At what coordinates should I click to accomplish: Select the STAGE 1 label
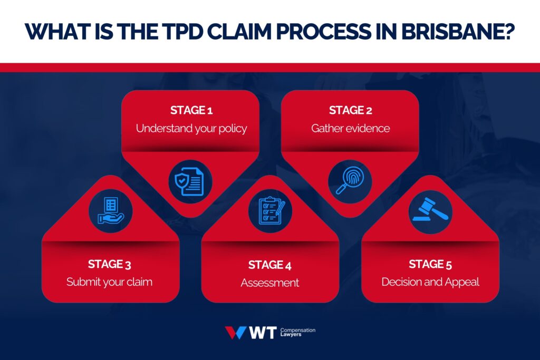(x=191, y=110)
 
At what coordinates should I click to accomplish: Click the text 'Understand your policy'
(x=191, y=128)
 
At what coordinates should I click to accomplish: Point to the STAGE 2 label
(x=350, y=110)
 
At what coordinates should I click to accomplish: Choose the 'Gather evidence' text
(x=350, y=128)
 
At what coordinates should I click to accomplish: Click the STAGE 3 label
(x=110, y=264)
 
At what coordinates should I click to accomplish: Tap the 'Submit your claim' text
(x=110, y=282)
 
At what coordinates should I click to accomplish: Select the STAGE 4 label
(x=269, y=265)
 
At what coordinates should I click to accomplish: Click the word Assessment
(x=269, y=283)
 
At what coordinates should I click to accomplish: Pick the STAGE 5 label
(x=430, y=264)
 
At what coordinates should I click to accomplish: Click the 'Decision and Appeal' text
(x=430, y=282)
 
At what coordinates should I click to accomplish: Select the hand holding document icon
(x=110, y=211)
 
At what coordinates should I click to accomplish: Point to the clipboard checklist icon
(x=270, y=211)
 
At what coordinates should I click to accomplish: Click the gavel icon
(x=430, y=211)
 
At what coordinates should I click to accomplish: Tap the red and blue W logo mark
(x=235, y=333)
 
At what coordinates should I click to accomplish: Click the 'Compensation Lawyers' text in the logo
(x=297, y=333)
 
